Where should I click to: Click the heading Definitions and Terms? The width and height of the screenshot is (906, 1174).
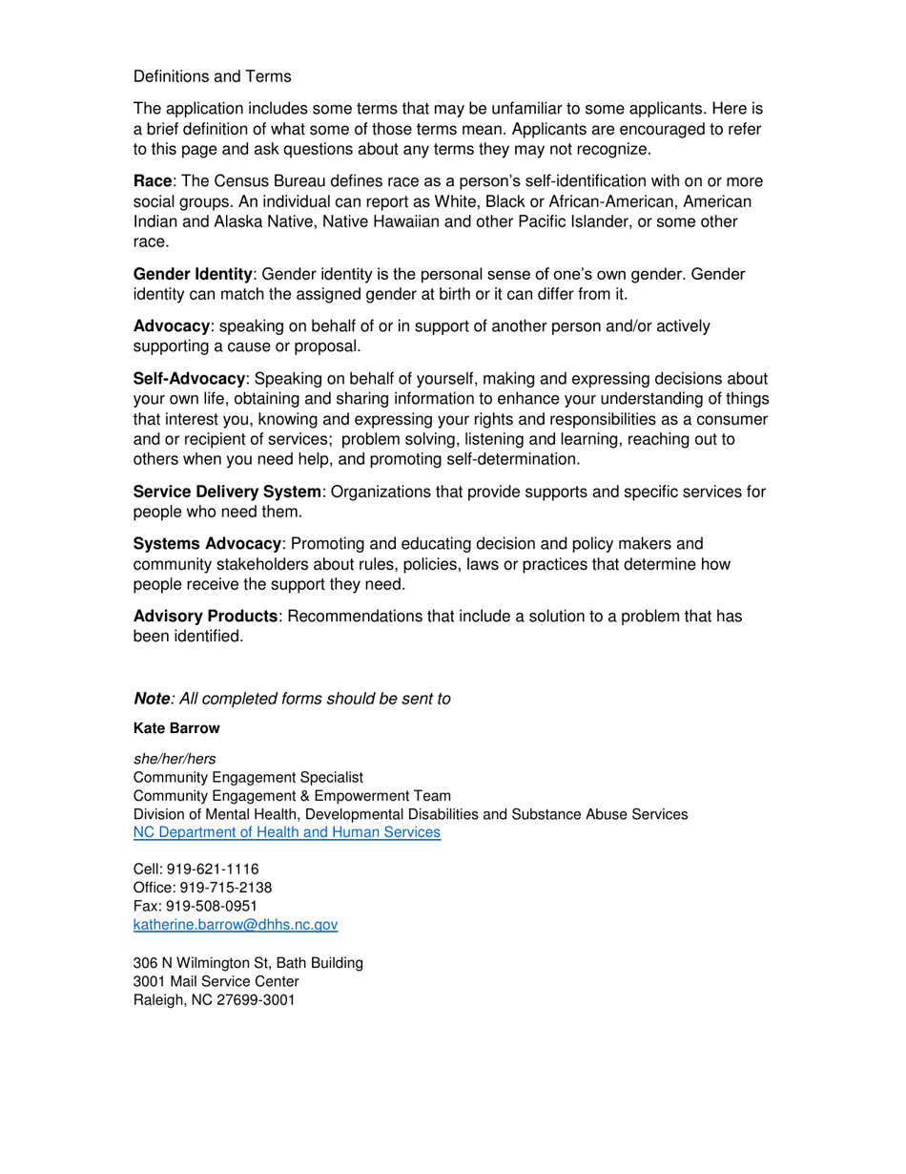pyautogui.click(x=212, y=75)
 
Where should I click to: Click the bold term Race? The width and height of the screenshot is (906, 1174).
pyautogui.click(x=150, y=181)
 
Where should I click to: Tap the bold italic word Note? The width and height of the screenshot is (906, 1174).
pyautogui.click(x=151, y=698)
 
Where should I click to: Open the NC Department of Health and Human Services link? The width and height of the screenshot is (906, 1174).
pyautogui.click(x=287, y=832)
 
